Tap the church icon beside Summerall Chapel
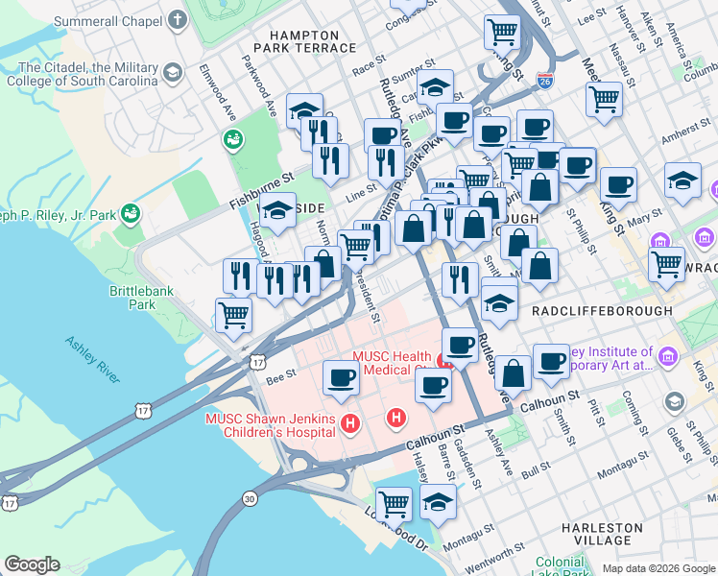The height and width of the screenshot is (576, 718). [x=178, y=20]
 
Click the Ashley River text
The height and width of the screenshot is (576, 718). [x=92, y=359]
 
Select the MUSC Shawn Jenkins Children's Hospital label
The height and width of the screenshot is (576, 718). [x=271, y=425]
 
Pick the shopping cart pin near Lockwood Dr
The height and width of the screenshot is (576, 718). [x=394, y=502]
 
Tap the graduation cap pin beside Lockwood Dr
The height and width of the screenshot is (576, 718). [x=438, y=502]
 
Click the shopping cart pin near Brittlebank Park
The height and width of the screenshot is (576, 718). [x=233, y=313]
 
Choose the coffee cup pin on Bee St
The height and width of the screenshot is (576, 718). [x=341, y=377]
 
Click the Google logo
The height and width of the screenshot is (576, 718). [x=33, y=564]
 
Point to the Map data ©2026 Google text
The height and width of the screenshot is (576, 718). [x=658, y=568]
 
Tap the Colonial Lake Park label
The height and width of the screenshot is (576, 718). [x=559, y=567]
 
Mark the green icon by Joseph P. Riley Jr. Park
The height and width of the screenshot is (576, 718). [x=132, y=211]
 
